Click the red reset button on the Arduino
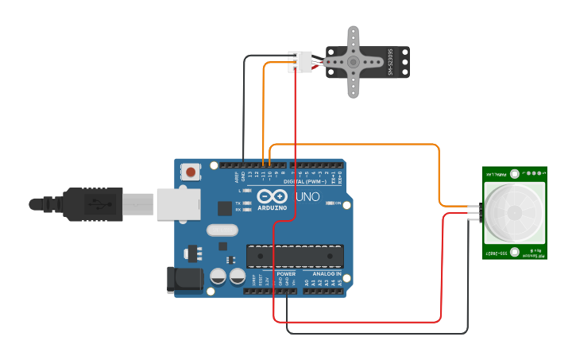click(191, 171)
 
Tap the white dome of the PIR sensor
click(514, 213)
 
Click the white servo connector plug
click(300, 62)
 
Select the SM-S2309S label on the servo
click(390, 63)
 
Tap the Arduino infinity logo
click(273, 196)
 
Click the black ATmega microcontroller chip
click(295, 257)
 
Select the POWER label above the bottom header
click(286, 273)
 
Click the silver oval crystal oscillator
click(222, 230)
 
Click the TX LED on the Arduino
click(247, 204)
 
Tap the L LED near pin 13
click(247, 191)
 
